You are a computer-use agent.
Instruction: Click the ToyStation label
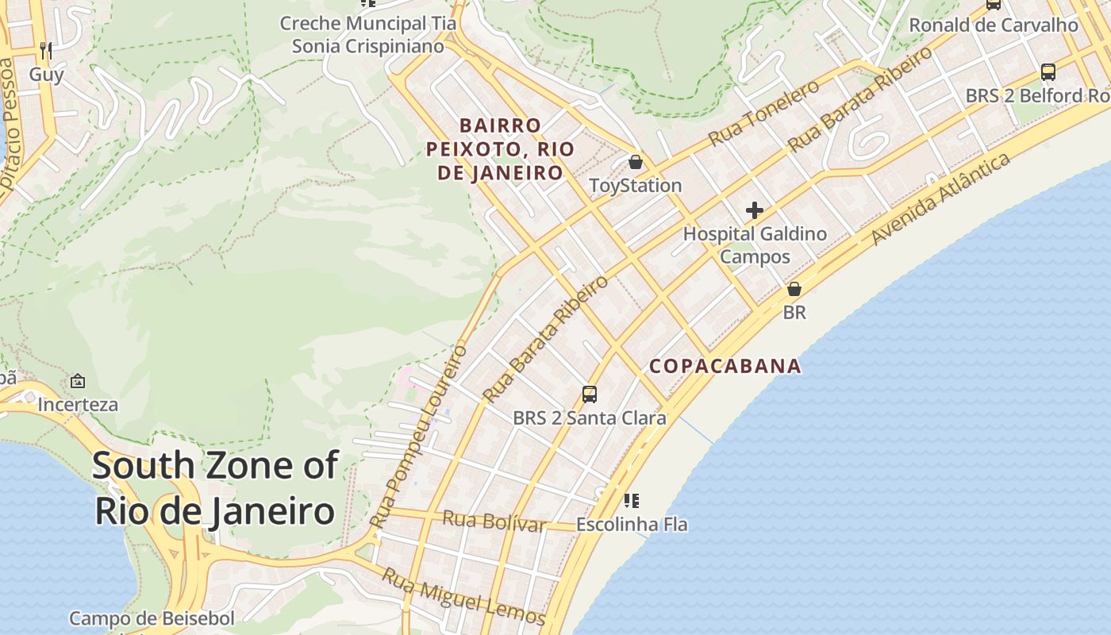point(635,186)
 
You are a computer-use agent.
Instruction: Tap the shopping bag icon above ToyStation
point(635,163)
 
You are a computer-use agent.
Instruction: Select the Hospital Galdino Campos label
point(755,245)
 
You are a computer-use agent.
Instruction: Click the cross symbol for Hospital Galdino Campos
point(755,210)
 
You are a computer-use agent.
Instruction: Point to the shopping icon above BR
point(794,289)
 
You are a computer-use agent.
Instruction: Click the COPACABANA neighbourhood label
point(725,366)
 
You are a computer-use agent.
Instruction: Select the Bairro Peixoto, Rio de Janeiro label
point(500,149)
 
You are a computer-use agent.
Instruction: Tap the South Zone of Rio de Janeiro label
point(216,488)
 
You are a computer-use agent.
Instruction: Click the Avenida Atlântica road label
point(940,198)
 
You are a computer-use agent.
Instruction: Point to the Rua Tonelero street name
point(763,114)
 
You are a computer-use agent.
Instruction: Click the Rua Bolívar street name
point(494,521)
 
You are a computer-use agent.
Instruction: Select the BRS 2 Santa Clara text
point(590,418)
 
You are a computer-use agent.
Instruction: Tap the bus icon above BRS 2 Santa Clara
point(590,394)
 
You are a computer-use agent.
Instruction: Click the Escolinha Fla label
point(632,525)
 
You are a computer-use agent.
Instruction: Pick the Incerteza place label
point(78,405)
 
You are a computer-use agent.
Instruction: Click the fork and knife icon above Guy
point(46,52)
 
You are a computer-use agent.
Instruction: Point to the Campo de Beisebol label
point(152,618)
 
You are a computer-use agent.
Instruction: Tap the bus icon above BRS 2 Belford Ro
point(1048,72)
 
